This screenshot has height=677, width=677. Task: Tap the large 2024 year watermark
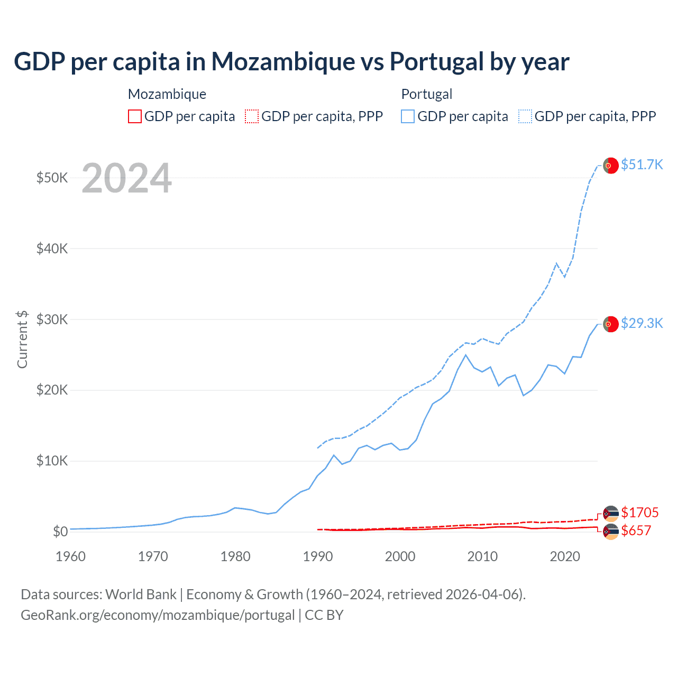(127, 178)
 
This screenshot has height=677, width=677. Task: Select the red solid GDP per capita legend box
(135, 116)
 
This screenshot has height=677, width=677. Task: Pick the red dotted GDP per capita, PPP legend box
(252, 116)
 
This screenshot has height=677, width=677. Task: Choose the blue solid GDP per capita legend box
(408, 116)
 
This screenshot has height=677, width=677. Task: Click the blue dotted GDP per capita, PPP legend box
(525, 116)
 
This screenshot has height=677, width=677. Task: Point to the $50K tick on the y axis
(52, 178)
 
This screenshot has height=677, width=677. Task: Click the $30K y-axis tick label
(52, 319)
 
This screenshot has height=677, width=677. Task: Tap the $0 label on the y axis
(60, 532)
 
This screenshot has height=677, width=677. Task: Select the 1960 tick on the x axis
(70, 556)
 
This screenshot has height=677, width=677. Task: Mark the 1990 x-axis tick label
(318, 556)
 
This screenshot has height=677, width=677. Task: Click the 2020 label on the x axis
(565, 556)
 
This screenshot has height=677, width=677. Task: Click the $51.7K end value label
(642, 164)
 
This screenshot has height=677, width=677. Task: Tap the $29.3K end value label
(642, 323)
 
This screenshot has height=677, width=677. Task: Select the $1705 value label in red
(639, 513)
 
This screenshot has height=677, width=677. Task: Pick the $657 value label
(636, 530)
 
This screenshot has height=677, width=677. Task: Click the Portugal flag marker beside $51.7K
(611, 166)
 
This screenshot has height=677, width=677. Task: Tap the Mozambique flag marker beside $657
(611, 532)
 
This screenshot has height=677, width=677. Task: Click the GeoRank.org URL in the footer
(158, 615)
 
